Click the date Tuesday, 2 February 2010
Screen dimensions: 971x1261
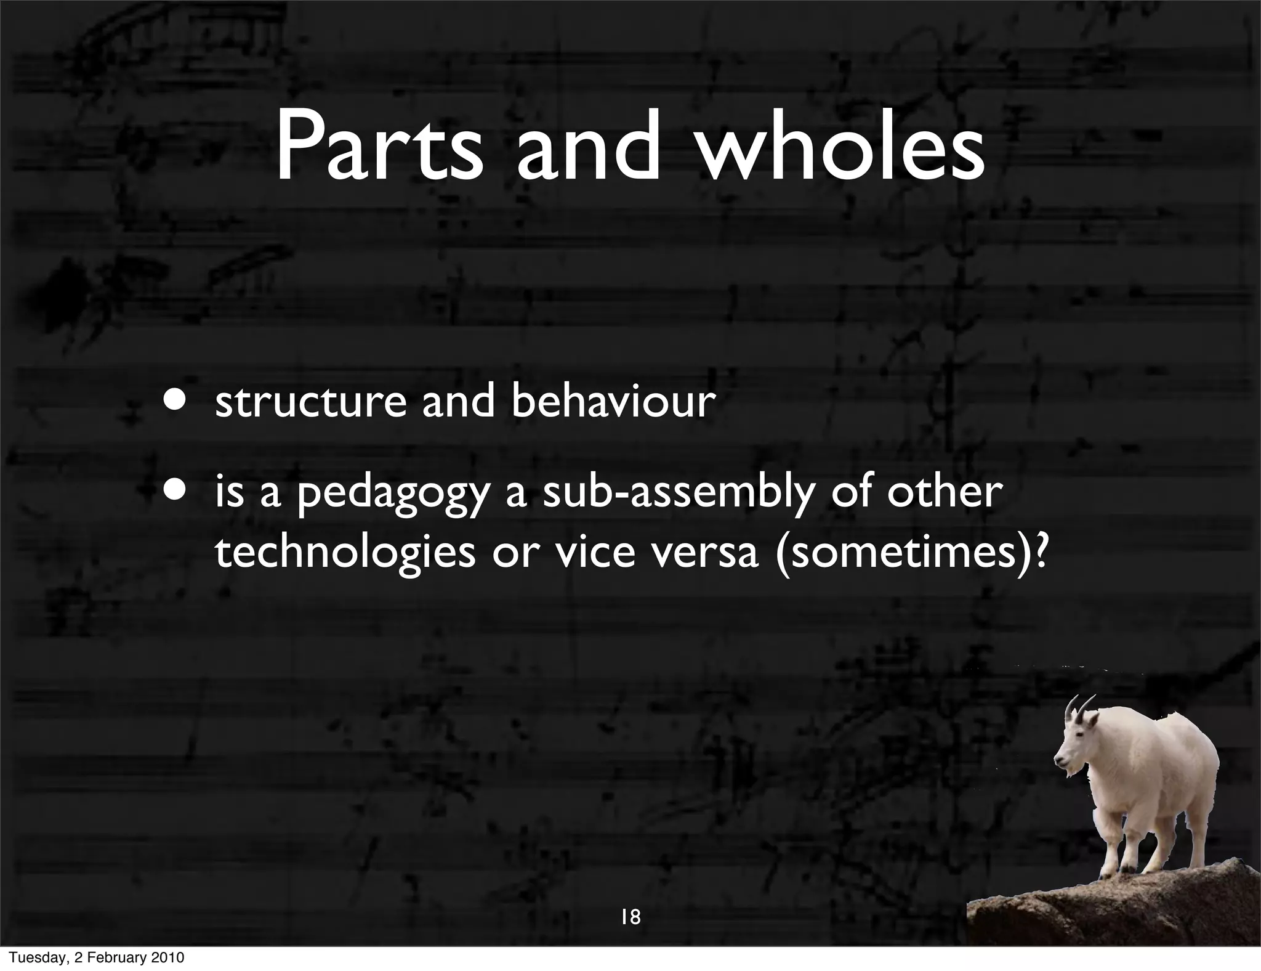92,958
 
